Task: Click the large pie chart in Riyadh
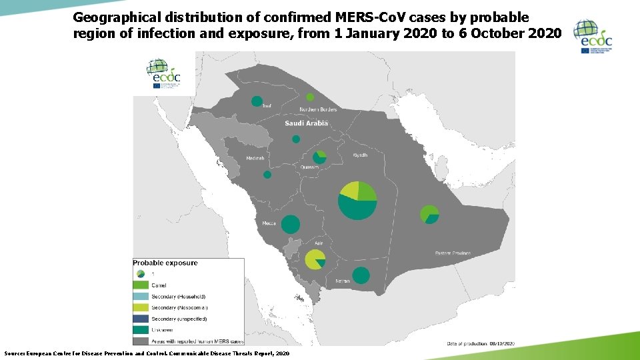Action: point(358,200)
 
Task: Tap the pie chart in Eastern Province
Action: point(430,215)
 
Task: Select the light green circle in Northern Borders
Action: point(310,97)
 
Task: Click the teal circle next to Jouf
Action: point(257,101)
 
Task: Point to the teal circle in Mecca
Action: point(291,225)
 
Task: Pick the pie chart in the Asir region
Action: point(315,259)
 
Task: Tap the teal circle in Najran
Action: point(361,275)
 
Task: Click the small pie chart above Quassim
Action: point(321,156)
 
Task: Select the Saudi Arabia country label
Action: point(306,123)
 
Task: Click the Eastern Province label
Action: point(453,253)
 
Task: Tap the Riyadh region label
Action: point(360,155)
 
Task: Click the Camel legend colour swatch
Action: point(141,285)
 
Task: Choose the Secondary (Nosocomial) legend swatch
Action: point(141,307)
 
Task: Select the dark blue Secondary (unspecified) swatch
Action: point(141,319)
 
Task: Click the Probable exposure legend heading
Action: point(165,263)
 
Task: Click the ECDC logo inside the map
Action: point(163,74)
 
